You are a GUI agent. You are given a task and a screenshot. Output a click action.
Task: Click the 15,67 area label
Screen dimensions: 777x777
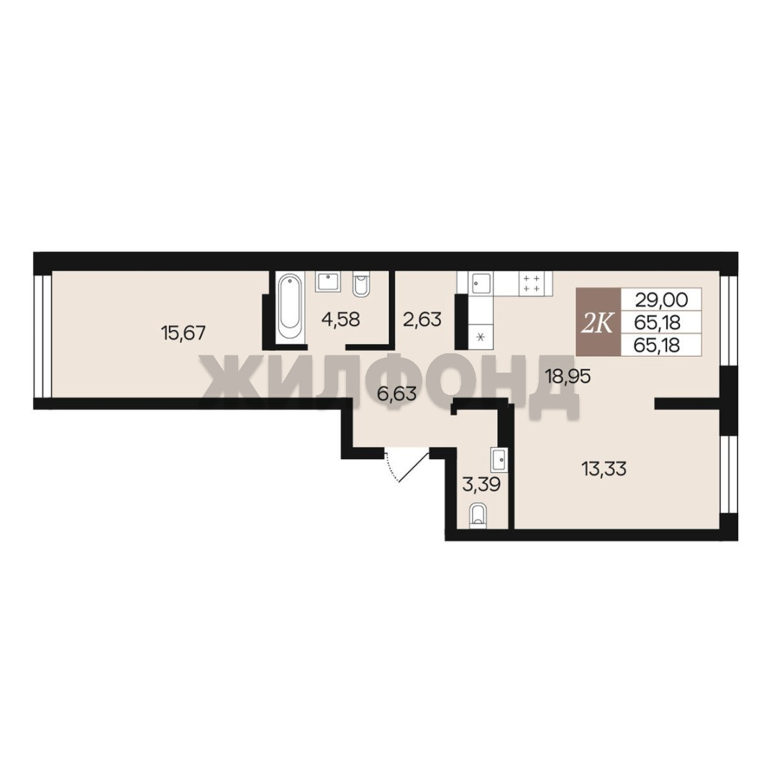pos(183,332)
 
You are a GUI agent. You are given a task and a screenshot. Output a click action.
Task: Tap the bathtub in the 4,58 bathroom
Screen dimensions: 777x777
pos(289,307)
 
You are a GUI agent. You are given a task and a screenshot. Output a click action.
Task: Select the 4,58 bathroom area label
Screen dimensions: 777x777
pos(340,319)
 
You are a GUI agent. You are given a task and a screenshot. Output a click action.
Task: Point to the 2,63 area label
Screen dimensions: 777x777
pos(422,319)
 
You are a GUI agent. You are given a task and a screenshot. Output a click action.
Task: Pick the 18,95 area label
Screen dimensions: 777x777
pos(568,376)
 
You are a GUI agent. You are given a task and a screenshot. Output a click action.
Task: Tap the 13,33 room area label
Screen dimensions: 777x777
pos(604,468)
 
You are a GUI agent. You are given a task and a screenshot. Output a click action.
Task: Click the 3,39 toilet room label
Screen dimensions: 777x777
pos(481,484)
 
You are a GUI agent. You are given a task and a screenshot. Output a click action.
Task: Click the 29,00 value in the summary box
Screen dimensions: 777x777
pos(662,300)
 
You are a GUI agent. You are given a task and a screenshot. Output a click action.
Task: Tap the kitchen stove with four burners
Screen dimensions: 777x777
pos(531,283)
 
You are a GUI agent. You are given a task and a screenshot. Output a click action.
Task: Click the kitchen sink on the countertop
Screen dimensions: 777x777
pos(481,283)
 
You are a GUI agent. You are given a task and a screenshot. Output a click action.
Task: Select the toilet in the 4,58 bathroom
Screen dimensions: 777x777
pos(360,284)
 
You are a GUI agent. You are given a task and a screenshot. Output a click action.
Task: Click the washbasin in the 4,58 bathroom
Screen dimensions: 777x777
pos(327,282)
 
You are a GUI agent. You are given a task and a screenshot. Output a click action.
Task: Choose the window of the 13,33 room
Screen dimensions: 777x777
pos(729,473)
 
